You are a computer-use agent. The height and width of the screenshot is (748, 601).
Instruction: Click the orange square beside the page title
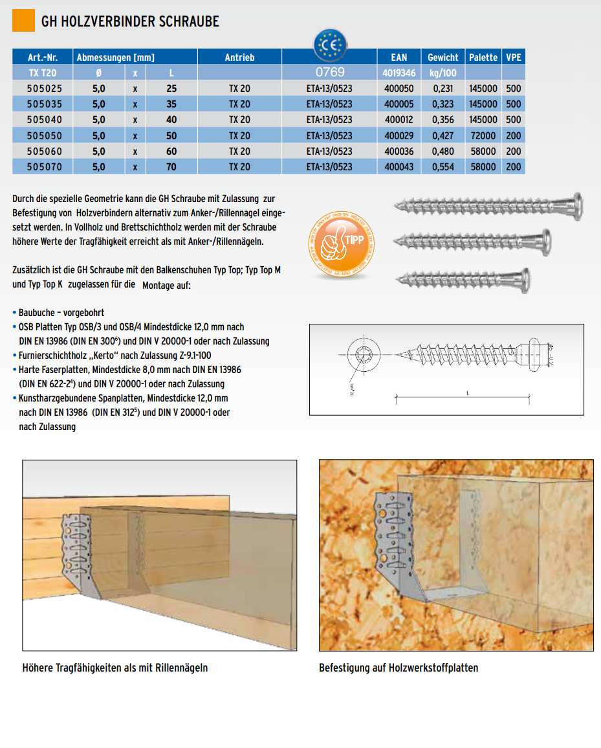coord(23,21)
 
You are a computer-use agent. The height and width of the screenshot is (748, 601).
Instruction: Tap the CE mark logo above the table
coord(329,45)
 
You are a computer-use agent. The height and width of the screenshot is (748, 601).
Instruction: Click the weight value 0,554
coord(443,167)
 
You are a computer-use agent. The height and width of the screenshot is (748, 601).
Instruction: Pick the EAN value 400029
coord(399,136)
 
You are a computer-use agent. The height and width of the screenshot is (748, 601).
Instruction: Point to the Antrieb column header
coord(239,58)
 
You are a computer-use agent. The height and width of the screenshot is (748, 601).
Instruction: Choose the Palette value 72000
coord(483,136)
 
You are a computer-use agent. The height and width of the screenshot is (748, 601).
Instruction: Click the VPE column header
coord(514,58)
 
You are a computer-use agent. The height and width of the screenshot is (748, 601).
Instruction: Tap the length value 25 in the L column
coord(171,88)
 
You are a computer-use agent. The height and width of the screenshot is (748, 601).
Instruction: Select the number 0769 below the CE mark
coord(329,73)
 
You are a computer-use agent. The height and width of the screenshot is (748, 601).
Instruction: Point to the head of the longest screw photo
coord(574,207)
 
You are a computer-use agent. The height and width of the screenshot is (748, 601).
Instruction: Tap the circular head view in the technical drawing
coord(361,354)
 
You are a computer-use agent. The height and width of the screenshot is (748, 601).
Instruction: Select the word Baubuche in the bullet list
coord(39,313)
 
